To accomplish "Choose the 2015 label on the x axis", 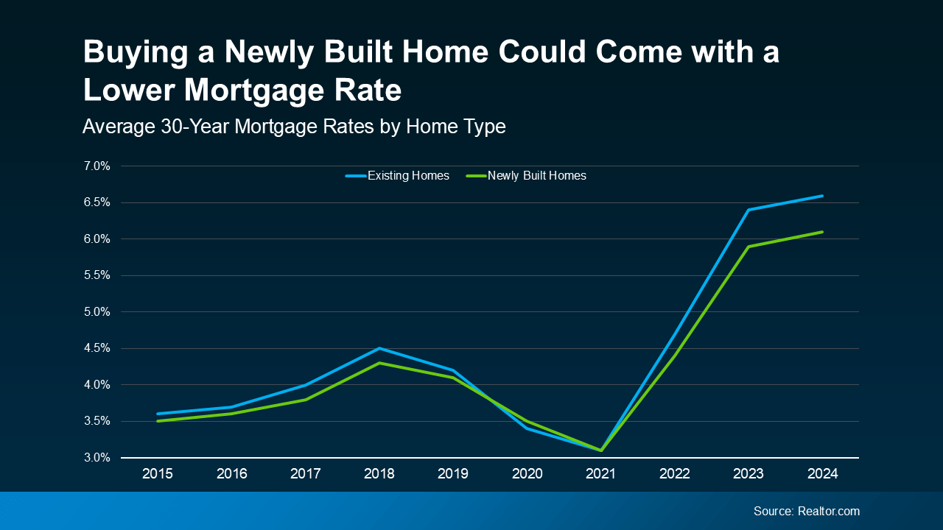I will pos(158,474).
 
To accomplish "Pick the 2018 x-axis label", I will pos(379,474).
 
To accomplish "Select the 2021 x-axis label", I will pos(600,474).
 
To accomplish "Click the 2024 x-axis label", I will pos(822,474).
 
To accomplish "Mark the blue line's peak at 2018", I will pos(379,348).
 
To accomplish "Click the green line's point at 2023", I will pos(749,247).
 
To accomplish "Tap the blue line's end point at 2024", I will pos(822,196).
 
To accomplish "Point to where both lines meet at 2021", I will pos(601,450).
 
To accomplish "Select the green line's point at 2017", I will pos(306,399).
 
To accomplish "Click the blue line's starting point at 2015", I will pos(158,414).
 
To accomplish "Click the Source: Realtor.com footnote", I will pos(806,511).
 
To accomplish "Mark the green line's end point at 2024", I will pos(822,232).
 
